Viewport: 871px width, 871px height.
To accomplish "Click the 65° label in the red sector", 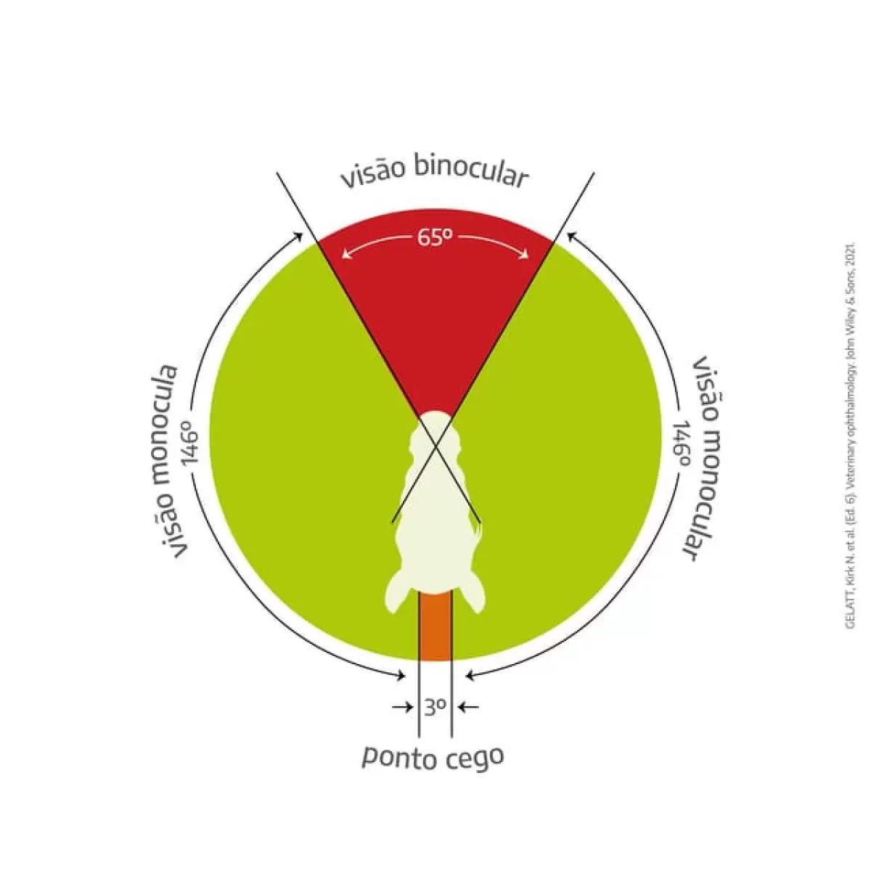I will click(x=435, y=238).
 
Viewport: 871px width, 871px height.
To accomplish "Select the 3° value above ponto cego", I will click(x=435, y=706).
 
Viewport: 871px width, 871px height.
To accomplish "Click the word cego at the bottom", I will click(x=474, y=758).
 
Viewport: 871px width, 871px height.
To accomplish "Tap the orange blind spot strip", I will click(x=435, y=627).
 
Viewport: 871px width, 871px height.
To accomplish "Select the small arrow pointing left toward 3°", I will click(x=469, y=706).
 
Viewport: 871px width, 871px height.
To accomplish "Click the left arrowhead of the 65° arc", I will click(x=345, y=254).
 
